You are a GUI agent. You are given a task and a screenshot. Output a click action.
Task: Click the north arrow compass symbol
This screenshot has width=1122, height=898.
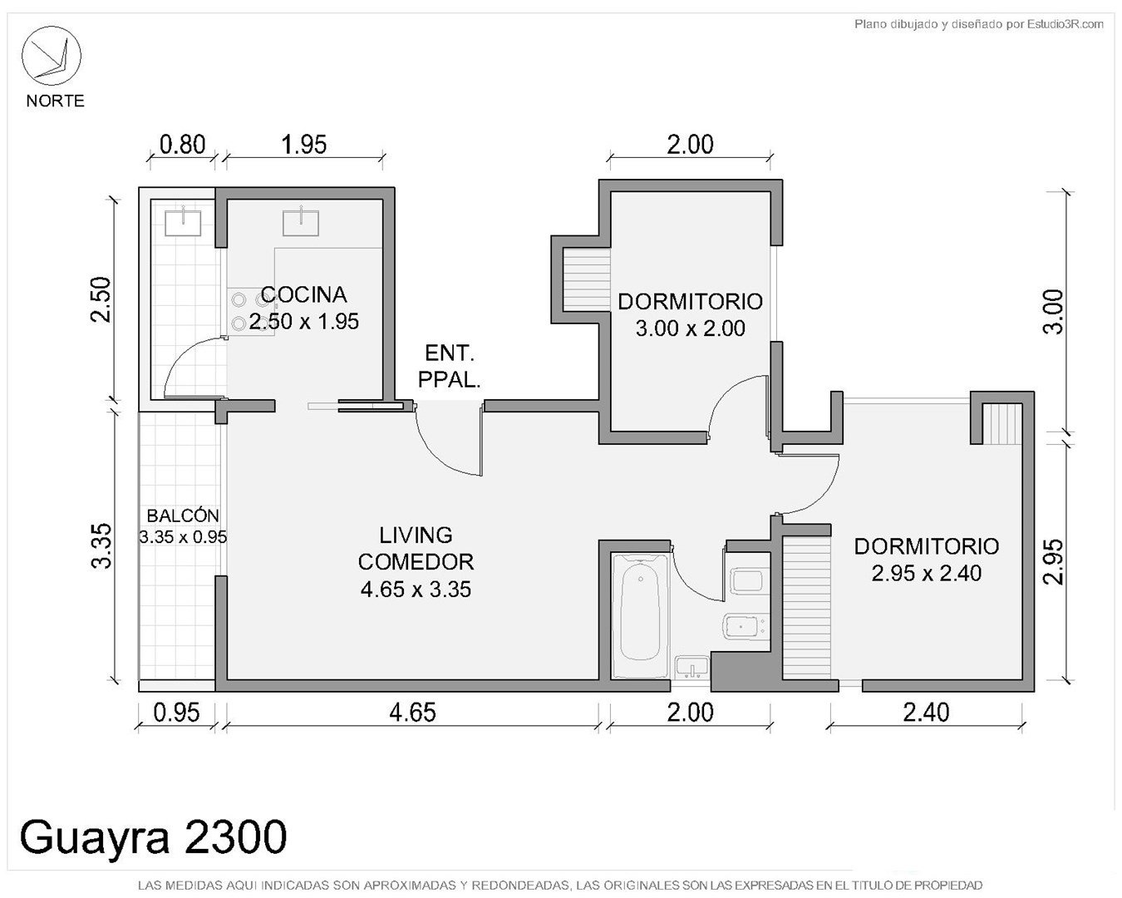pyautogui.click(x=51, y=56)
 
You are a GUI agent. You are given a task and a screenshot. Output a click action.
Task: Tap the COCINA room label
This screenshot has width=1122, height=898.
pyautogui.click(x=303, y=295)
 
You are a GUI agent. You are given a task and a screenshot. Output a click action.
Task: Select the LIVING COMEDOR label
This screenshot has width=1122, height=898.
pyautogui.click(x=416, y=549)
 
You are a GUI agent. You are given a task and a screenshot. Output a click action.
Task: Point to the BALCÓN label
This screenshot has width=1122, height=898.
pyautogui.click(x=183, y=516)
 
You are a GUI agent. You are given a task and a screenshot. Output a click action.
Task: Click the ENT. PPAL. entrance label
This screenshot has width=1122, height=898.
pyautogui.click(x=449, y=367)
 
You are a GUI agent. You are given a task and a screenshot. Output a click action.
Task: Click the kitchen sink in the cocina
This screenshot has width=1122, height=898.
pyautogui.click(x=301, y=222)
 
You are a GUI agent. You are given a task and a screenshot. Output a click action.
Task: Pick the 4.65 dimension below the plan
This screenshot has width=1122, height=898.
pyautogui.click(x=412, y=713)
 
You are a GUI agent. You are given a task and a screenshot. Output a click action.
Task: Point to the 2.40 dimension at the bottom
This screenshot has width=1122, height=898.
pyautogui.click(x=926, y=713)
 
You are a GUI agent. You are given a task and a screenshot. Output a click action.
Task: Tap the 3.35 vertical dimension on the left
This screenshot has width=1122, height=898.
pyautogui.click(x=101, y=545)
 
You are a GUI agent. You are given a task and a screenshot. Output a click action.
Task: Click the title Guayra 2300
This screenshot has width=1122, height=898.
pyautogui.click(x=153, y=836)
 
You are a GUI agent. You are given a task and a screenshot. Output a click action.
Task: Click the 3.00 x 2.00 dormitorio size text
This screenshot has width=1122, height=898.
pyautogui.click(x=691, y=328)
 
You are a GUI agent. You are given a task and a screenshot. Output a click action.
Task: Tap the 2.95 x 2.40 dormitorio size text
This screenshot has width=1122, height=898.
pyautogui.click(x=927, y=573)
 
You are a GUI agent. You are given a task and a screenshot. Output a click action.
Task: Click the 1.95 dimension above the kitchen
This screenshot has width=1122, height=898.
pyautogui.click(x=304, y=145)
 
